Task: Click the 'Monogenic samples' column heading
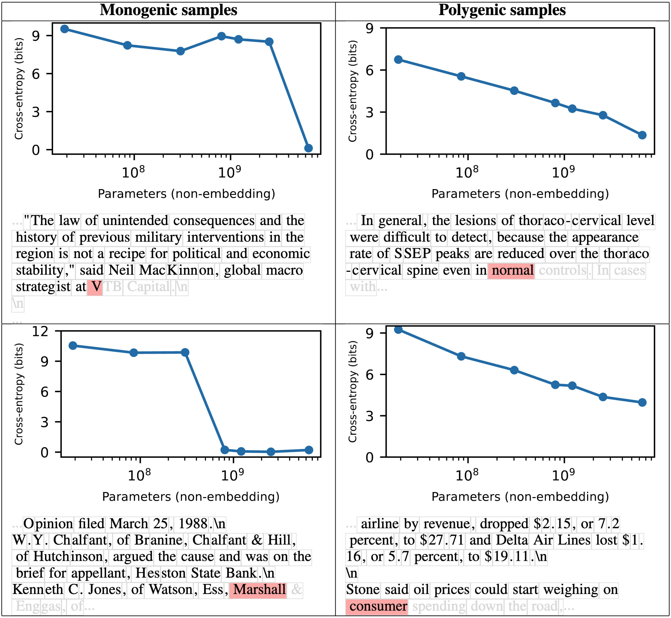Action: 168,10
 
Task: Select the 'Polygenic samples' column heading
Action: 502,10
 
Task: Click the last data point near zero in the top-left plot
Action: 308,148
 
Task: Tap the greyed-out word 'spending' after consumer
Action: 439,606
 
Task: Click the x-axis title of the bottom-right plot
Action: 520,496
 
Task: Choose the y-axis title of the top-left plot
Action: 19,89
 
